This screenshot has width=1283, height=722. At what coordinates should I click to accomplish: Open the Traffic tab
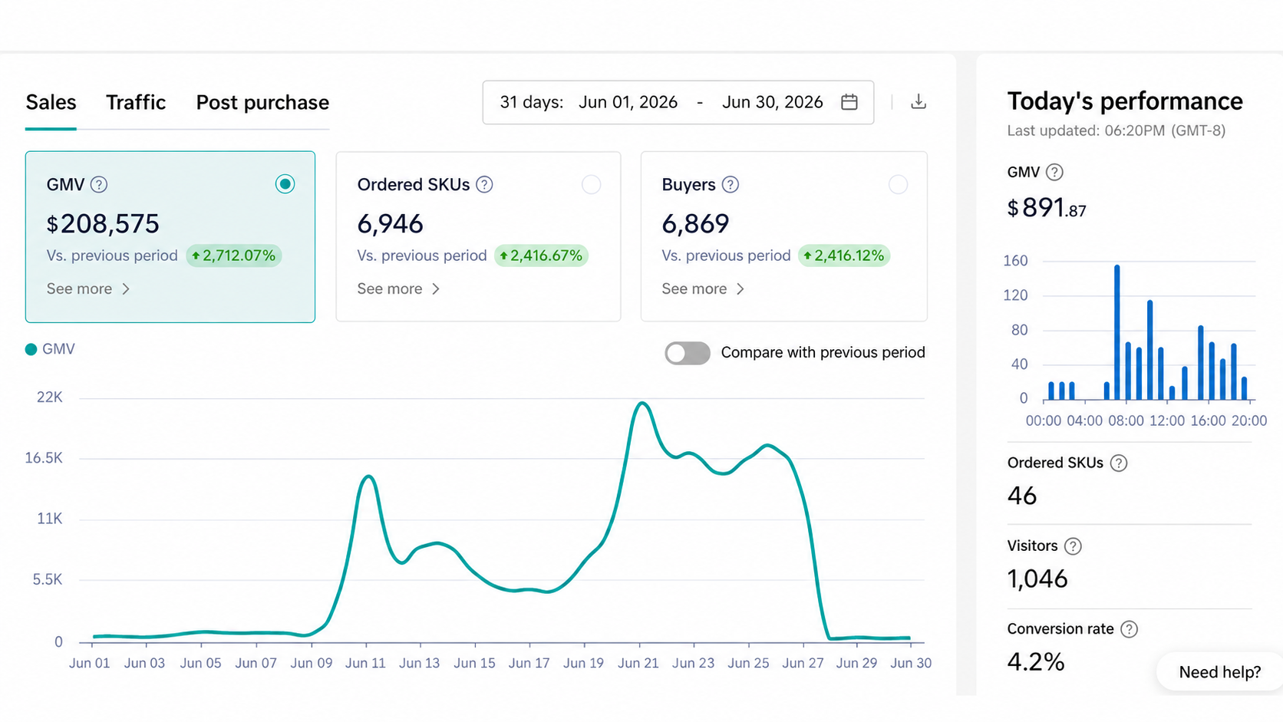click(x=136, y=103)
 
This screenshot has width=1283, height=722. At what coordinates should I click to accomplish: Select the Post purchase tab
click(x=262, y=103)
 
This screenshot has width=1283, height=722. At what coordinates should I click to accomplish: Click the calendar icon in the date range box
click(x=849, y=102)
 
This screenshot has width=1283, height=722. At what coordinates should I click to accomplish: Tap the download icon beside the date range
click(x=919, y=101)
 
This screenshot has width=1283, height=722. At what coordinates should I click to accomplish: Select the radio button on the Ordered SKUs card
click(x=591, y=184)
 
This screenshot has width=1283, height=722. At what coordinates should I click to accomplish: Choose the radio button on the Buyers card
click(x=898, y=184)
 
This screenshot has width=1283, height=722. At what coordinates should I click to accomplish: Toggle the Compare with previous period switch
click(x=688, y=353)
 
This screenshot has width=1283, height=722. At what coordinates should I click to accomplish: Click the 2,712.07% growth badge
click(x=234, y=256)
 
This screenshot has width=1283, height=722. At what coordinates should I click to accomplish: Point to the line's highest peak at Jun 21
click(x=642, y=403)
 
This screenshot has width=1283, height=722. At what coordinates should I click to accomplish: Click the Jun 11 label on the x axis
click(x=365, y=663)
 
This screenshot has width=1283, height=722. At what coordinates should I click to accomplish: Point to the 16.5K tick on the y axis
click(x=44, y=458)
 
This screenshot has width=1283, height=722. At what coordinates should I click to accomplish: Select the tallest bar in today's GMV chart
click(x=1117, y=332)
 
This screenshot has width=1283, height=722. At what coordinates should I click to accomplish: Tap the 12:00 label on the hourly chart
click(x=1166, y=420)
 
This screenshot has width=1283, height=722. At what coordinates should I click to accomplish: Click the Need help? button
click(x=1220, y=671)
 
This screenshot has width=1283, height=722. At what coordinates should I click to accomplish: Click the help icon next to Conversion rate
click(x=1129, y=629)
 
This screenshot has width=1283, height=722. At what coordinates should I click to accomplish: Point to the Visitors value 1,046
click(x=1037, y=579)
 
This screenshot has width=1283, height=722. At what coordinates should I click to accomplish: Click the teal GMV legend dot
click(x=31, y=349)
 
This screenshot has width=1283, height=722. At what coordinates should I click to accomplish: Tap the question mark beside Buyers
click(x=731, y=184)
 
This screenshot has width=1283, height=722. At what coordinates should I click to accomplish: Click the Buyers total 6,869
click(x=695, y=223)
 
